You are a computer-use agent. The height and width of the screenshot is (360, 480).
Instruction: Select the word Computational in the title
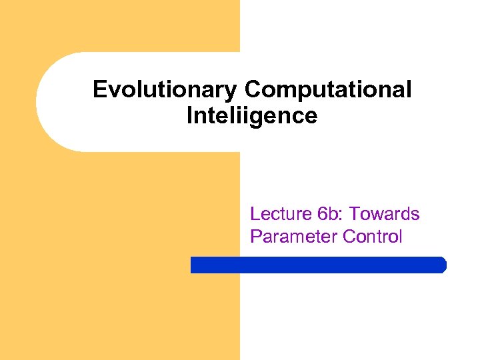tap(328, 89)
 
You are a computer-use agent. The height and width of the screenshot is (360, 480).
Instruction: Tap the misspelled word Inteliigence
tap(252, 115)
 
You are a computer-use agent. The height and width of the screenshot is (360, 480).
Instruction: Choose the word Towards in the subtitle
tap(385, 214)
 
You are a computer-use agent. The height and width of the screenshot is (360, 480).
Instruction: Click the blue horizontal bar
tap(318, 265)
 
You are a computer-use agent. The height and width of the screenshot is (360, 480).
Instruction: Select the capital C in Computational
tap(253, 89)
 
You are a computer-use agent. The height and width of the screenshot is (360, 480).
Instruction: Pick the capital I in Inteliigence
tap(190, 115)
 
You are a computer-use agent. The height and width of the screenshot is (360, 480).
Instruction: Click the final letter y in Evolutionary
tap(234, 91)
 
